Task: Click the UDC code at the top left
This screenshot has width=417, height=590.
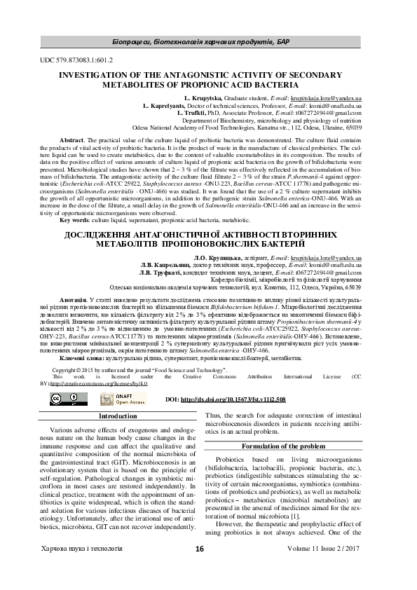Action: point(82,61)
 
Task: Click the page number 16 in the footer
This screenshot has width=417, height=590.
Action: point(200,568)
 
